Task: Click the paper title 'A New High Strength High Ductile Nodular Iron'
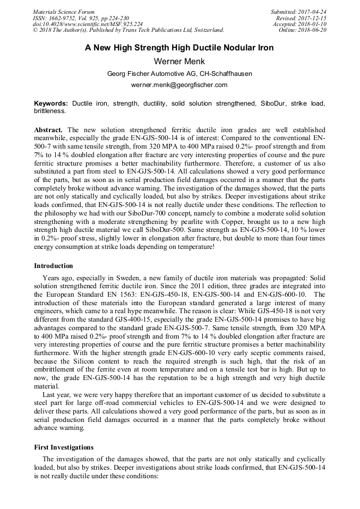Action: (x=179, y=48)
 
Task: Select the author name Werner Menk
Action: (x=179, y=61)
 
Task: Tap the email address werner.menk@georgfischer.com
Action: (x=179, y=84)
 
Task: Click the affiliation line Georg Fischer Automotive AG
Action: (x=179, y=73)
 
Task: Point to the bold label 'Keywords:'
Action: (x=51, y=103)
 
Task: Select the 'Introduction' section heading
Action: (x=54, y=265)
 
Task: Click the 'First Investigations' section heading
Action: (x=64, y=447)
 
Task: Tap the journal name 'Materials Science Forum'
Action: (x=64, y=12)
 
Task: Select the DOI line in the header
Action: (x=88, y=24)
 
